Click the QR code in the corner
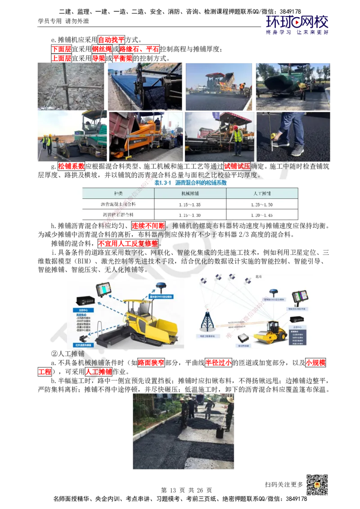pyautogui.click(x=319, y=485)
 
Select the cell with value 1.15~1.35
pyautogui.click(x=190, y=204)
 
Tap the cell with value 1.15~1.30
pyautogui.click(x=190, y=215)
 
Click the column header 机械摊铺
pyautogui.click(x=190, y=193)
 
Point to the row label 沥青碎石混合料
pyautogui.click(x=118, y=215)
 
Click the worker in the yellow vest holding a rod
pyautogui.click(x=238, y=137)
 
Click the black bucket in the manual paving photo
pyautogui.click(x=220, y=432)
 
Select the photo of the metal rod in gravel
pyautogui.click(x=71, y=86)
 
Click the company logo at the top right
pyautogui.click(x=297, y=25)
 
